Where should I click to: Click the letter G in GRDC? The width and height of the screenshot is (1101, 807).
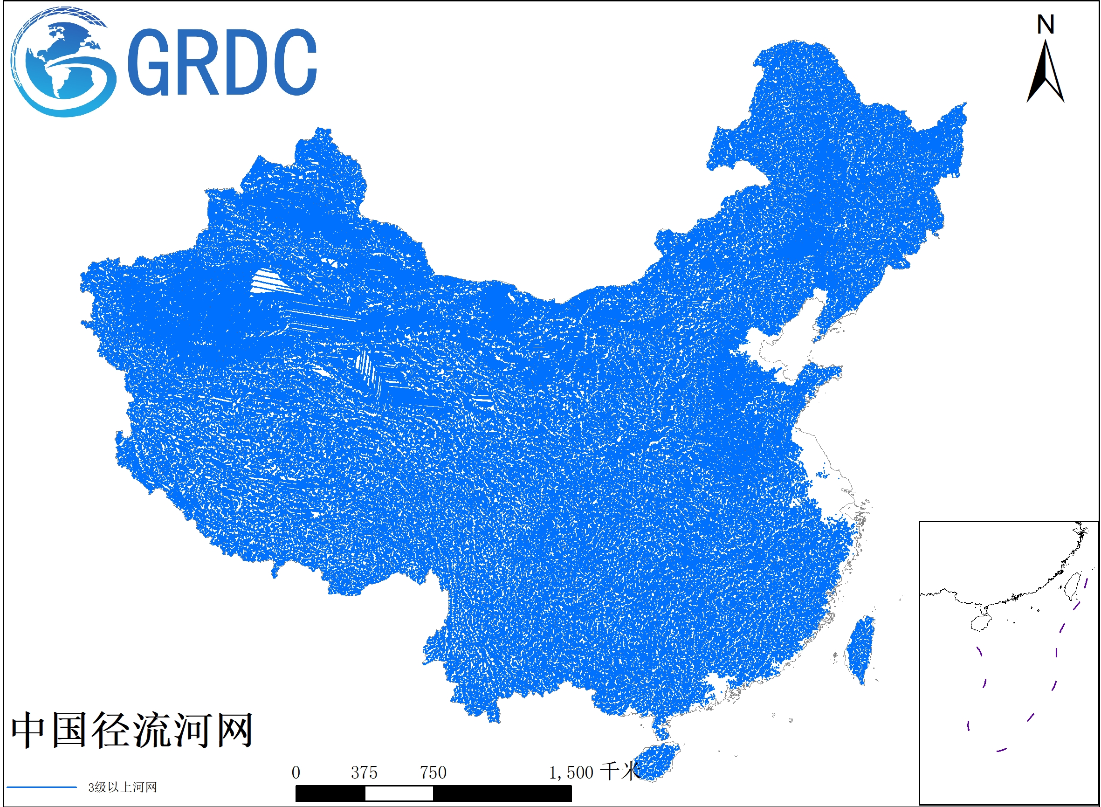click(x=149, y=62)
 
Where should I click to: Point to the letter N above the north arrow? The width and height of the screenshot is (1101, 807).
click(x=1046, y=24)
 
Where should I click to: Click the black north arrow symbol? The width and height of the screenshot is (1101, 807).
click(x=1046, y=73)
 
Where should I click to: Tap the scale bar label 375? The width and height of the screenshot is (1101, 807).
click(x=364, y=773)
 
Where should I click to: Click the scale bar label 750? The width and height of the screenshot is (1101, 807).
click(x=433, y=773)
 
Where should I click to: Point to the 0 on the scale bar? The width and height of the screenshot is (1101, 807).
click(x=296, y=773)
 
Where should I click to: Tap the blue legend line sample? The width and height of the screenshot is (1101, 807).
click(x=41, y=787)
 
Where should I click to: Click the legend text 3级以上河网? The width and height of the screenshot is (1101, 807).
click(x=122, y=787)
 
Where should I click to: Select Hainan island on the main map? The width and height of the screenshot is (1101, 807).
click(x=657, y=761)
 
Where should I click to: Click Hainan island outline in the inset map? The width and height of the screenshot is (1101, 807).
click(x=981, y=623)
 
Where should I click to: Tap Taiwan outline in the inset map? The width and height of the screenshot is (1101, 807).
click(x=1072, y=586)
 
